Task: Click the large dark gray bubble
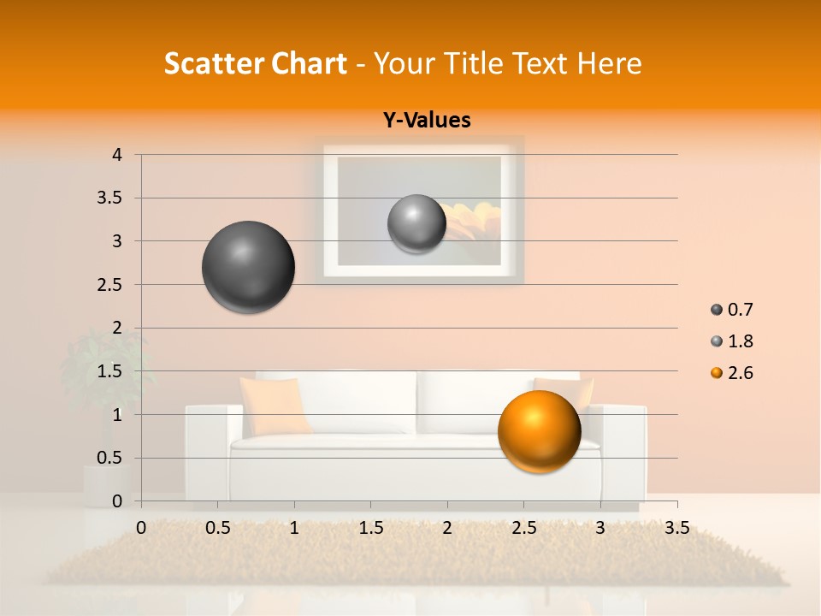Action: tap(249, 267)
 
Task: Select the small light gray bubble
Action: tap(416, 223)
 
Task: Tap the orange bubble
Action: tap(539, 431)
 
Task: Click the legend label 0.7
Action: tap(740, 310)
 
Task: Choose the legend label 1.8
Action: tap(740, 341)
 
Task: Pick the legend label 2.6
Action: tap(740, 373)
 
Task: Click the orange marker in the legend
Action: tap(717, 373)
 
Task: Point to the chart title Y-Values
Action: tap(427, 121)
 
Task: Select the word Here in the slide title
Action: tap(610, 63)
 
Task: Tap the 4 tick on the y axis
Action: tap(117, 155)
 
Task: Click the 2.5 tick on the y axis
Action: tap(110, 285)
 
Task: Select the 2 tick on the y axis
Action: tap(117, 328)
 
